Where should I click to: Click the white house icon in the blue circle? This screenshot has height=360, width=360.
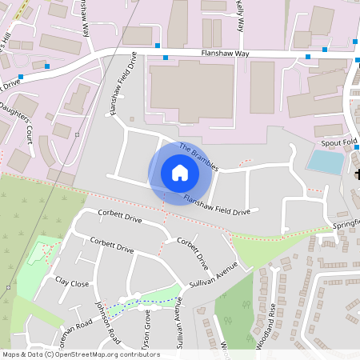180,173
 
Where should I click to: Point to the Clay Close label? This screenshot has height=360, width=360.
72,282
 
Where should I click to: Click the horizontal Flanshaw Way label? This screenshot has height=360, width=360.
226,54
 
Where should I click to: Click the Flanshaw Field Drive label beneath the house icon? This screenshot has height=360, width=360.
216,206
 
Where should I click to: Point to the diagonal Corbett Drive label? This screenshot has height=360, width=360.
194,254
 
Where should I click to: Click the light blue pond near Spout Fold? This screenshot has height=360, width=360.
324,162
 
